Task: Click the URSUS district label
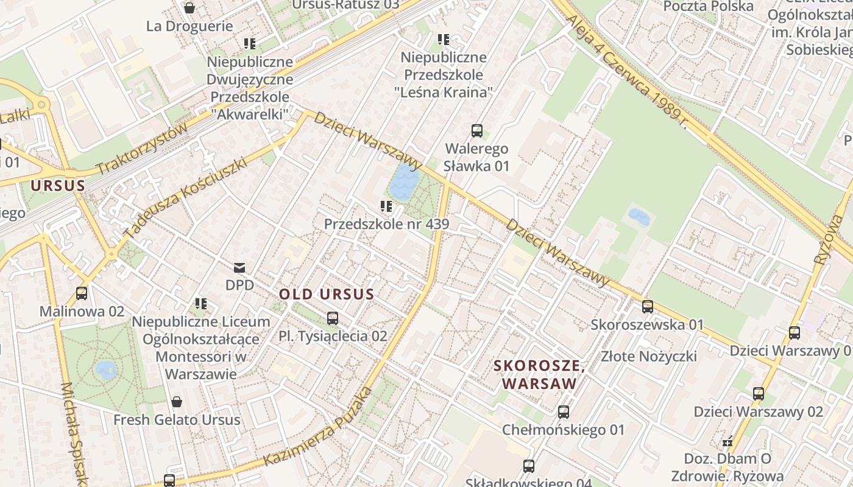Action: click(x=58, y=186)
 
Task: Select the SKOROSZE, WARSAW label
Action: click(x=539, y=375)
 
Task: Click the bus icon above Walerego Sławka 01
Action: click(x=476, y=131)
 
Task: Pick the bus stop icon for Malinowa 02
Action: click(x=82, y=293)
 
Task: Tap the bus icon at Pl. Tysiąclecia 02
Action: click(x=333, y=318)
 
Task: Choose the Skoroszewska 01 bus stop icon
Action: click(x=648, y=307)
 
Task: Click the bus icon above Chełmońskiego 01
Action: click(x=564, y=412)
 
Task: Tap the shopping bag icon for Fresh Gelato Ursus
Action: click(x=177, y=402)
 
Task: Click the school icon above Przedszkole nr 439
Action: click(x=386, y=206)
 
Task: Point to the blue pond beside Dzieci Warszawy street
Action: click(x=405, y=181)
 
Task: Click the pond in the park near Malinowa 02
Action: click(x=106, y=370)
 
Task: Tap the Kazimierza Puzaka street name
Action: click(x=318, y=427)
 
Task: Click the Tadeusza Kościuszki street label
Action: click(x=185, y=197)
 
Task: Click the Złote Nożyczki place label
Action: click(x=649, y=356)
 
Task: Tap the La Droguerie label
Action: click(x=189, y=26)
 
